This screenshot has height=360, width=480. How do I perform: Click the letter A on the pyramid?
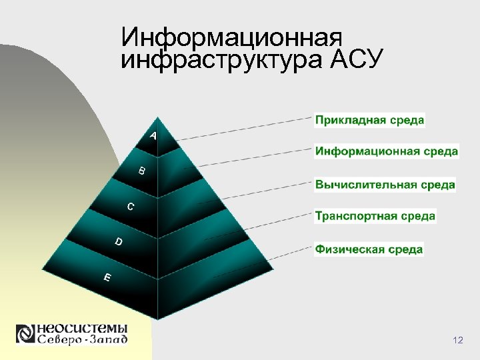point(154,136)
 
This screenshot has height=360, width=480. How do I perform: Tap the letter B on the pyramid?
point(141,171)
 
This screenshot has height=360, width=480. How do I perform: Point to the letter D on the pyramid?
point(119,241)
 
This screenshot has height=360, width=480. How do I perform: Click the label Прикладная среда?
point(369,121)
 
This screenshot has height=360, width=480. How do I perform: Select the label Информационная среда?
point(386,151)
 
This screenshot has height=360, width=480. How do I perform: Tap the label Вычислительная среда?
point(385,184)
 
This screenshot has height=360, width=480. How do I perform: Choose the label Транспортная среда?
point(375,216)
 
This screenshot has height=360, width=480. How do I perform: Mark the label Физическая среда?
point(369,249)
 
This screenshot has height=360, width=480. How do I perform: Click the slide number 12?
point(457,341)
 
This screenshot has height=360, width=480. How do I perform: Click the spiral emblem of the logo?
point(25,334)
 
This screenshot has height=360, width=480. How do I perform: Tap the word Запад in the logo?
point(105,340)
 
